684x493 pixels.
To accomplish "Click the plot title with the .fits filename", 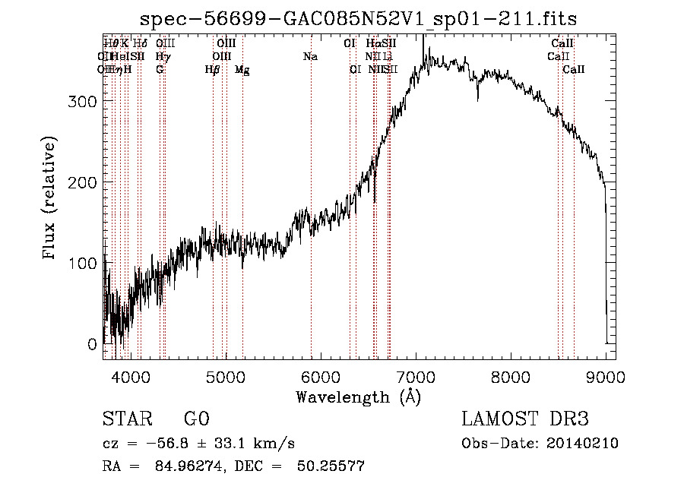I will [x=359, y=20].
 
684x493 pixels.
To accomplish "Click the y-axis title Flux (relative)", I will [x=51, y=199].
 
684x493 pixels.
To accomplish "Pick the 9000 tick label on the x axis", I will [x=606, y=375].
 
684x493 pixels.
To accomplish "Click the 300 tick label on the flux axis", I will [x=84, y=101].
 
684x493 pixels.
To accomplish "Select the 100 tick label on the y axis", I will [x=84, y=263].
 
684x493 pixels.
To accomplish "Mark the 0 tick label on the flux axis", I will [x=92, y=344].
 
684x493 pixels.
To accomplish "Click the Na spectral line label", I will [x=310, y=56].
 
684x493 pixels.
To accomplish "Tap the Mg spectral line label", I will [x=242, y=70].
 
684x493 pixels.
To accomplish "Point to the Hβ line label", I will [x=213, y=70].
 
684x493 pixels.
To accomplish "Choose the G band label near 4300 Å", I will [x=160, y=70].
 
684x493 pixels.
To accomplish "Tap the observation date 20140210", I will [x=581, y=444].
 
